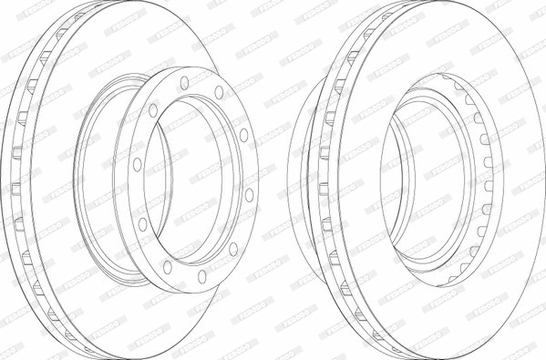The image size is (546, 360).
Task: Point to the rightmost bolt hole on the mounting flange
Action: point(250,194)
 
